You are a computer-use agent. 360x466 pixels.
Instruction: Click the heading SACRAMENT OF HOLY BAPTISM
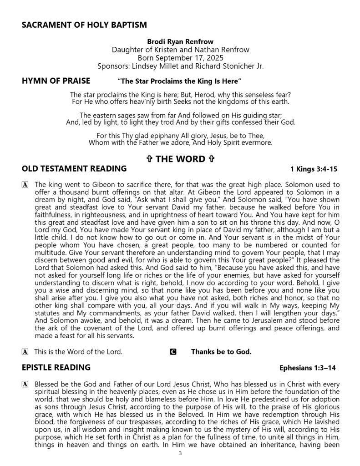(x=84, y=25)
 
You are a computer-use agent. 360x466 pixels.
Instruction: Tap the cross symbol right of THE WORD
(x=211, y=159)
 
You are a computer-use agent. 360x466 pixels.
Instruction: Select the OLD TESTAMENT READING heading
(x=74, y=169)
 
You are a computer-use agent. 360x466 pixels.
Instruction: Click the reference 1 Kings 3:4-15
(x=314, y=169)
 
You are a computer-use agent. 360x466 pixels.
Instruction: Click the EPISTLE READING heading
(x=56, y=367)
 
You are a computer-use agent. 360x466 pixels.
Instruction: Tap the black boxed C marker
(x=172, y=352)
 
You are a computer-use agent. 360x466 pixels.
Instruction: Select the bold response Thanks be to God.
(x=221, y=352)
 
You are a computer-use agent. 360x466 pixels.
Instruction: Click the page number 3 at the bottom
(x=180, y=454)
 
